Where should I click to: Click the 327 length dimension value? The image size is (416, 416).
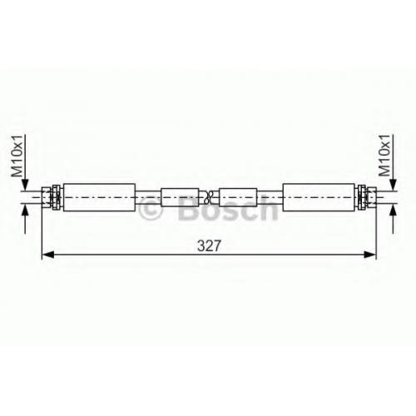tap(209, 245)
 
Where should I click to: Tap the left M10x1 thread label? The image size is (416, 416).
tap(17, 156)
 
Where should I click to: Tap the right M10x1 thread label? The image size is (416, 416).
tap(384, 156)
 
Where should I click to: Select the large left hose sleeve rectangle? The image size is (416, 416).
tap(99, 197)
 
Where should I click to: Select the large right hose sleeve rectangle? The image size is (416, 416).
tap(319, 197)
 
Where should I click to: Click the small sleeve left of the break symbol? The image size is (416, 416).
tap(180, 197)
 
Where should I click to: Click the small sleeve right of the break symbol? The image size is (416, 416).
tap(238, 197)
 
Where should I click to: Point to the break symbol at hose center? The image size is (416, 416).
tap(209, 197)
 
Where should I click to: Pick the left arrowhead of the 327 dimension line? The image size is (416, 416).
tap(47, 255)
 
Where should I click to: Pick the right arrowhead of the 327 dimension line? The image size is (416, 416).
tap(370, 255)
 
